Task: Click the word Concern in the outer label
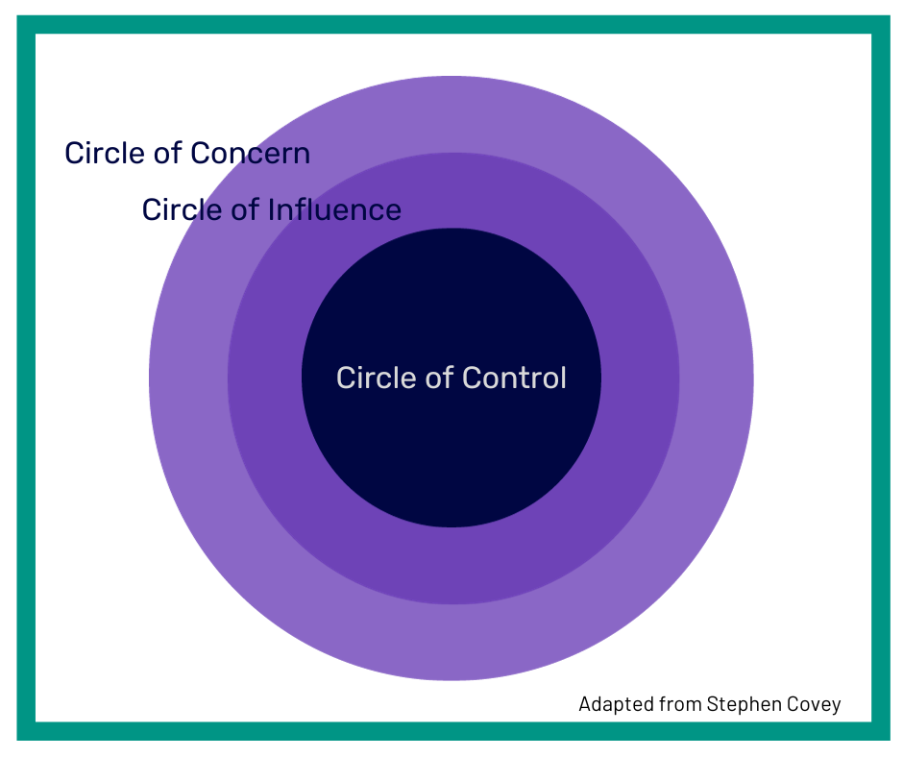(x=250, y=154)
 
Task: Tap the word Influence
(x=335, y=209)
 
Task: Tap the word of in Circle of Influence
(x=245, y=209)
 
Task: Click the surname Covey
(x=816, y=705)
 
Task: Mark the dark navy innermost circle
(x=451, y=452)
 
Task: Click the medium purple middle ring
(x=451, y=567)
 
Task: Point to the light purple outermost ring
(x=451, y=644)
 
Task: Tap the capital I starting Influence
(x=272, y=209)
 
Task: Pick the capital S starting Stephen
(x=712, y=705)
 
